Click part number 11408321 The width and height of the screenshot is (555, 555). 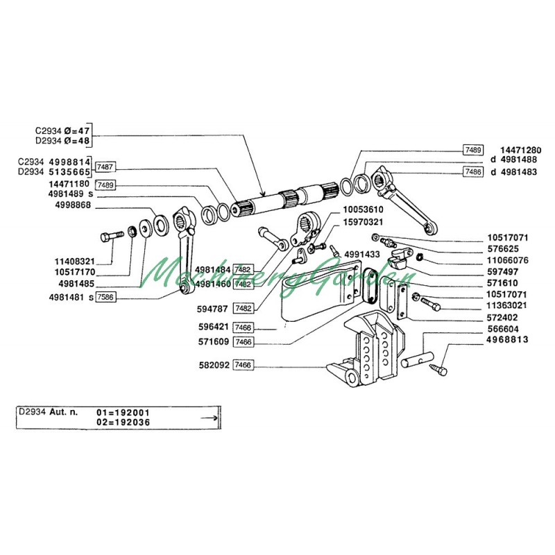click(x=75, y=262)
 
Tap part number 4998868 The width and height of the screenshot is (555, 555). click(x=73, y=205)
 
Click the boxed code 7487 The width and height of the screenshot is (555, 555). click(x=105, y=166)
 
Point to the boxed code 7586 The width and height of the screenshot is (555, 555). click(x=106, y=297)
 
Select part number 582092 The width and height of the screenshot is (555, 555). click(x=214, y=365)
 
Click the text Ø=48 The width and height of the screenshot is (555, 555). click(x=77, y=141)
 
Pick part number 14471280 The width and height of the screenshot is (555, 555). click(x=521, y=150)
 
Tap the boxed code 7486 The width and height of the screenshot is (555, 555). click(x=473, y=172)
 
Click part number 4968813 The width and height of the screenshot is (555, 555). click(x=507, y=339)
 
